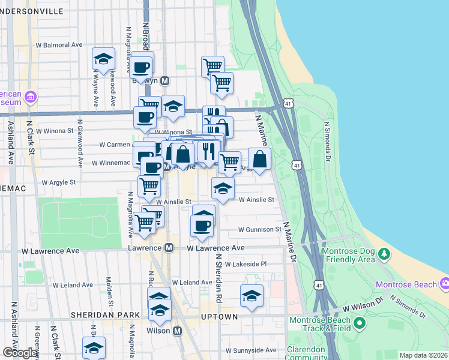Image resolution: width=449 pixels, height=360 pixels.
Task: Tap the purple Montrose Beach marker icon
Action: click(444, 283)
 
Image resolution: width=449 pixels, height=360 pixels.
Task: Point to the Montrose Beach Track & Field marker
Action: click(360, 324)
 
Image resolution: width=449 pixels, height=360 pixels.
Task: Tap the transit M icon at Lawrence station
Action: click(169, 248)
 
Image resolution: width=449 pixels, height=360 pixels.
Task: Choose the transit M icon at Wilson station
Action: click(177, 331)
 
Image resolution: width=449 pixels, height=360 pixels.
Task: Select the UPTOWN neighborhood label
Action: click(219, 316)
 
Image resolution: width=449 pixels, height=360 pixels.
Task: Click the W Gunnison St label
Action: click(259, 230)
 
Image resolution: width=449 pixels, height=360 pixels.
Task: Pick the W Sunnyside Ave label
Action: click(251, 350)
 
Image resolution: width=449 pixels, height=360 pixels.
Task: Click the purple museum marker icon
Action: click(31, 97)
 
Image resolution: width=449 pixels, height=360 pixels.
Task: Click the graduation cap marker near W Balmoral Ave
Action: click(103, 59)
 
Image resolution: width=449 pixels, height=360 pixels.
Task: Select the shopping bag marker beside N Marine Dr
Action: click(259, 160)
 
